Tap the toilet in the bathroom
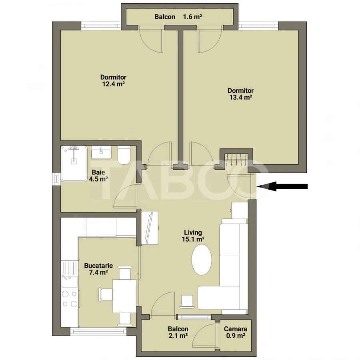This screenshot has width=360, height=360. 124,155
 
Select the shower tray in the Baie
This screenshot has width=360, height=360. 74,164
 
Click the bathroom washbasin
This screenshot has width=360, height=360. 102,152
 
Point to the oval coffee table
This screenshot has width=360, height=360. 201,260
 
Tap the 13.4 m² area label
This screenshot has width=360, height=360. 241,97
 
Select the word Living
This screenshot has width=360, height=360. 193,232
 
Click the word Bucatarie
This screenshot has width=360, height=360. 98,265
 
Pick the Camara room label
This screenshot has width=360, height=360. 235,329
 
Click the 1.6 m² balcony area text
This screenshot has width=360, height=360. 192,17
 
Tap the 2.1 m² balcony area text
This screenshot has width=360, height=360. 178,336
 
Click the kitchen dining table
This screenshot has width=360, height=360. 124,296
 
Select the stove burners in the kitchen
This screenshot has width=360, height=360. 69,299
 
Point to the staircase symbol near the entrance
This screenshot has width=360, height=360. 236,160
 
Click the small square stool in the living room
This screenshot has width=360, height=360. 187,301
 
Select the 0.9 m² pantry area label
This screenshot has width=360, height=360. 235,336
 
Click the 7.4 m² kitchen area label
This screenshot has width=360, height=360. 98,272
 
